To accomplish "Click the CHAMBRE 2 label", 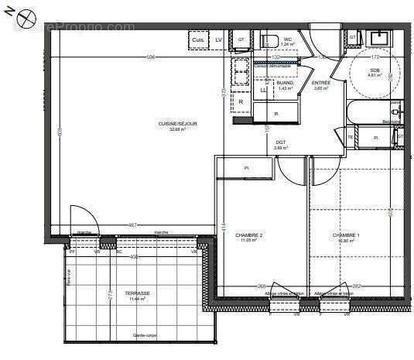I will pyautogui.click(x=248, y=236).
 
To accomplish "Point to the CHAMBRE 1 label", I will pyautogui.click(x=346, y=236).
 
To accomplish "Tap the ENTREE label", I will pyautogui.click(x=320, y=84).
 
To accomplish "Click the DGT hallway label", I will pyautogui.click(x=280, y=142).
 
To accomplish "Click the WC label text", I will pyautogui.click(x=287, y=39).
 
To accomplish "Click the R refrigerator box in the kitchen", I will pyautogui.click(x=241, y=101).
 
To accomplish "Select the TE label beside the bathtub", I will pyautogui.click(x=351, y=138).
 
